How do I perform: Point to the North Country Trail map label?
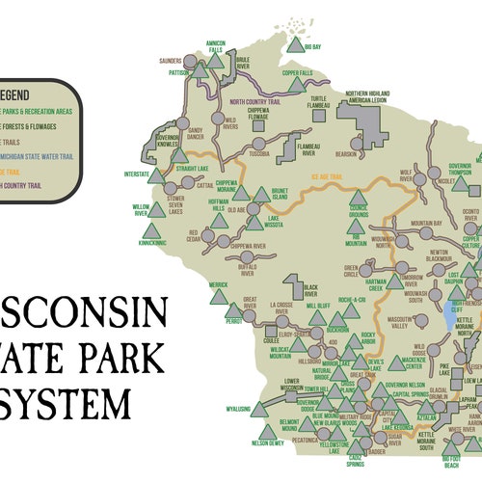[x=263, y=100]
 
